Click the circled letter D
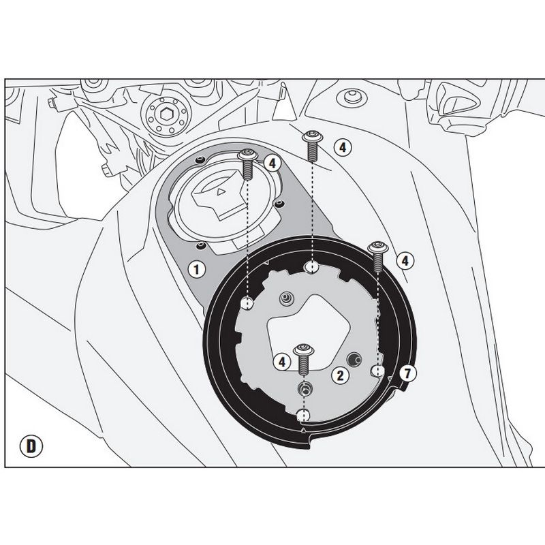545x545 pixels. click(31, 446)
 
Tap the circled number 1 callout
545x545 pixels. click(197, 269)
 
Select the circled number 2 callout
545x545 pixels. click(340, 375)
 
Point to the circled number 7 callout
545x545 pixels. click(407, 373)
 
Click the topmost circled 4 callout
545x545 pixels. click(343, 147)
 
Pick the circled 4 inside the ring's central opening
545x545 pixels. click(282, 362)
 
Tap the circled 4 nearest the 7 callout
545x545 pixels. click(405, 261)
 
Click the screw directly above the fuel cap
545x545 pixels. click(248, 164)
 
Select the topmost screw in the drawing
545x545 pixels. click(313, 146)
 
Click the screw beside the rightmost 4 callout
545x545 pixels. click(378, 256)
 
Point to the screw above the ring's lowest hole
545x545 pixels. click(304, 360)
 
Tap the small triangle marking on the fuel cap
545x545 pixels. click(219, 191)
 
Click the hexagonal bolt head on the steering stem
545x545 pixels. click(166, 113)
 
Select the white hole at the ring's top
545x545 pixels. click(311, 267)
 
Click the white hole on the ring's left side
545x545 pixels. click(247, 304)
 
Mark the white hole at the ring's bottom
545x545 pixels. click(303, 416)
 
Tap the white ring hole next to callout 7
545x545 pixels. click(378, 371)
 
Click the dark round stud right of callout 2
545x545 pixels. click(354, 360)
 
